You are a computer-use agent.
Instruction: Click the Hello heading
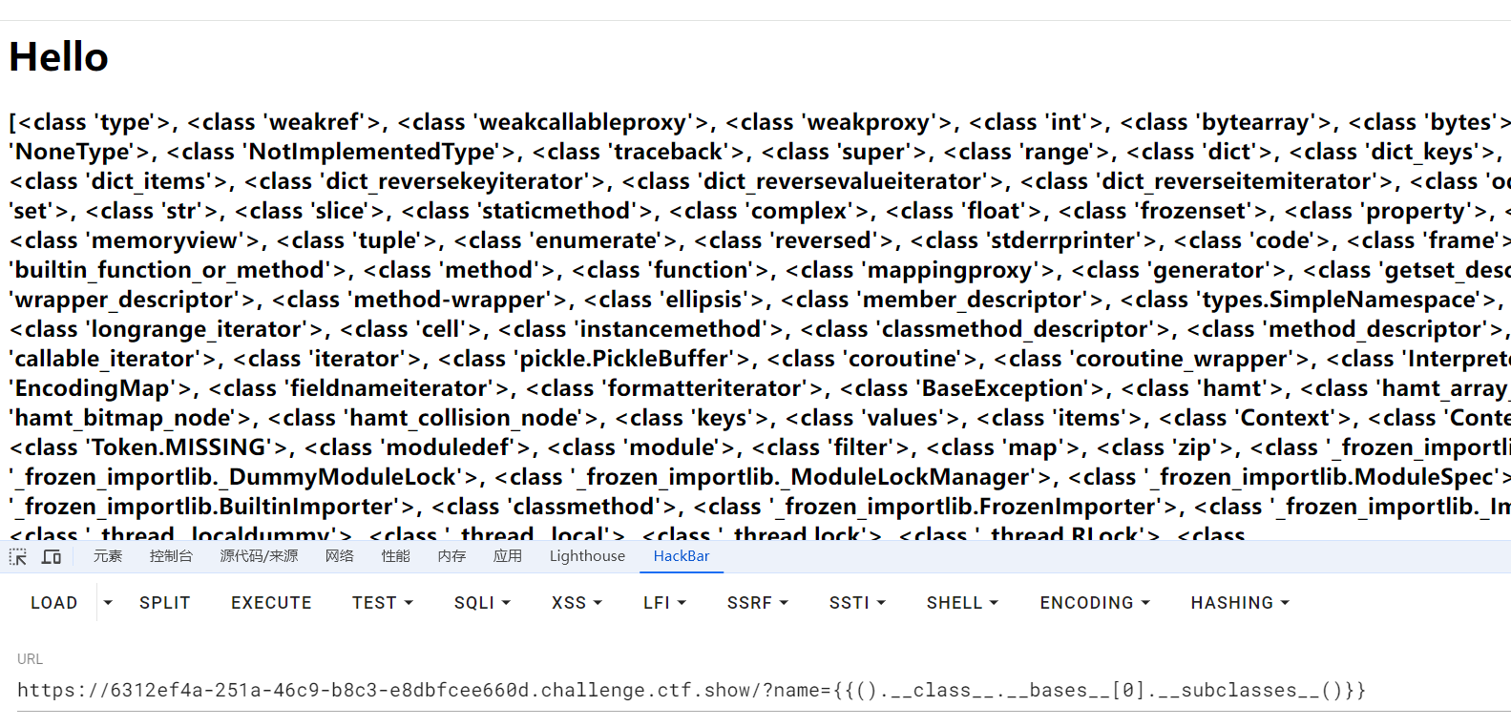tap(59, 57)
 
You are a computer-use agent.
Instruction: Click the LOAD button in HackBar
tap(53, 603)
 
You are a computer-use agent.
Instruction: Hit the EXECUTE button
tap(271, 603)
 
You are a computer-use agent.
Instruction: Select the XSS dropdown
tap(577, 603)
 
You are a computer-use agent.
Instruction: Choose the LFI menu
tap(664, 603)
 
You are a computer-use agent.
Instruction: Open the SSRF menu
tap(757, 603)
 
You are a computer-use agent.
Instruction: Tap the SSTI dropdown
tap(857, 603)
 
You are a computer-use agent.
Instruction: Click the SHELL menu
tap(962, 603)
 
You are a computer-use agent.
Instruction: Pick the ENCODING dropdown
tap(1095, 603)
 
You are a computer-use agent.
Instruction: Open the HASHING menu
tap(1240, 603)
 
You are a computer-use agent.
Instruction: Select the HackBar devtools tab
tap(682, 556)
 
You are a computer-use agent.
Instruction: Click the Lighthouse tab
tap(587, 556)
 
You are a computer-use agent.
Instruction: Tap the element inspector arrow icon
tap(18, 556)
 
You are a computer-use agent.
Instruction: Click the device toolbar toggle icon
tap(52, 556)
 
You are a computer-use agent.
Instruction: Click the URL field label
tap(30, 659)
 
